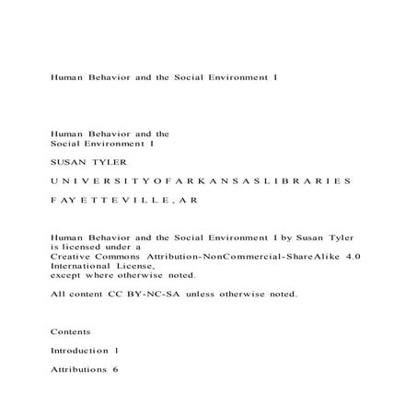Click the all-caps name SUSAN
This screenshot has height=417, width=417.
pos(66,160)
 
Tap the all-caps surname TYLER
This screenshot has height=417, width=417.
pos(107,160)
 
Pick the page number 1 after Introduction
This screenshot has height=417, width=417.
pos(117,351)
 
